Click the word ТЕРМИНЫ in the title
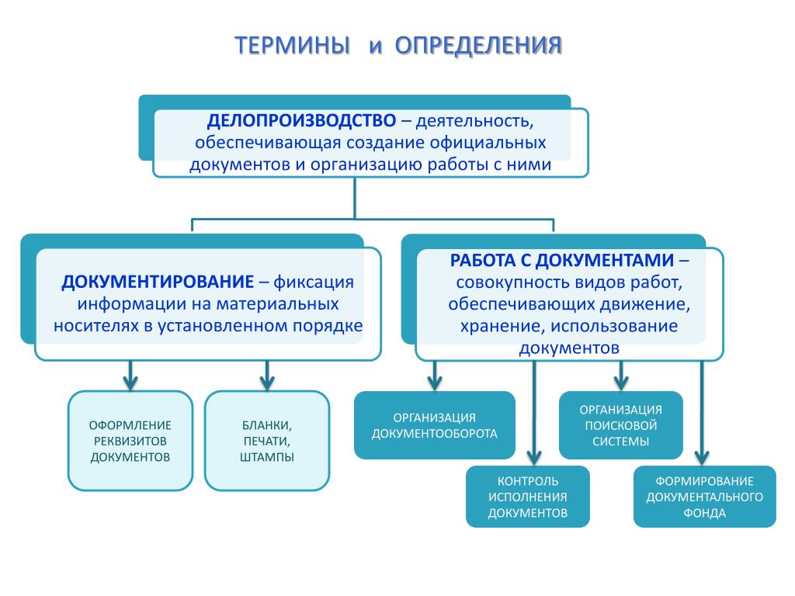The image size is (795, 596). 293,45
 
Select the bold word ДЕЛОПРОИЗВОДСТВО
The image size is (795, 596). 301,122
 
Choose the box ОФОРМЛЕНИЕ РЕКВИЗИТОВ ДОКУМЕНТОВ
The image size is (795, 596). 130,441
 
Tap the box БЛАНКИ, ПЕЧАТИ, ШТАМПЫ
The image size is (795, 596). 267,441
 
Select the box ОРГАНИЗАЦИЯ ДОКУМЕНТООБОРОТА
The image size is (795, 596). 435,425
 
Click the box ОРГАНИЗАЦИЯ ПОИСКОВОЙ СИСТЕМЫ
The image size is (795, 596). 621,425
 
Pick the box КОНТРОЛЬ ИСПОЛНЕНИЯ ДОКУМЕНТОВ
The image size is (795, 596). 528,497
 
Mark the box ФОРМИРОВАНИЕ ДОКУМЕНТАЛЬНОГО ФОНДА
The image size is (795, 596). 705,497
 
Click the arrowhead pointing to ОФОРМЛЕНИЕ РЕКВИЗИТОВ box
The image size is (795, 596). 130,383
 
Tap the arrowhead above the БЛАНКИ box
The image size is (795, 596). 267,383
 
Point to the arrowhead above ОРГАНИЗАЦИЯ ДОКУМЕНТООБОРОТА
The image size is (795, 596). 435,382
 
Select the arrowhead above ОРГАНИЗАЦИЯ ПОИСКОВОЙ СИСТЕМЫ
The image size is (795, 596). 621,382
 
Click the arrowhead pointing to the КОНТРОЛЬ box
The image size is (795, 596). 534,456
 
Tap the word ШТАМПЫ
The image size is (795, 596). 267,457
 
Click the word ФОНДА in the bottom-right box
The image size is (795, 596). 705,513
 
